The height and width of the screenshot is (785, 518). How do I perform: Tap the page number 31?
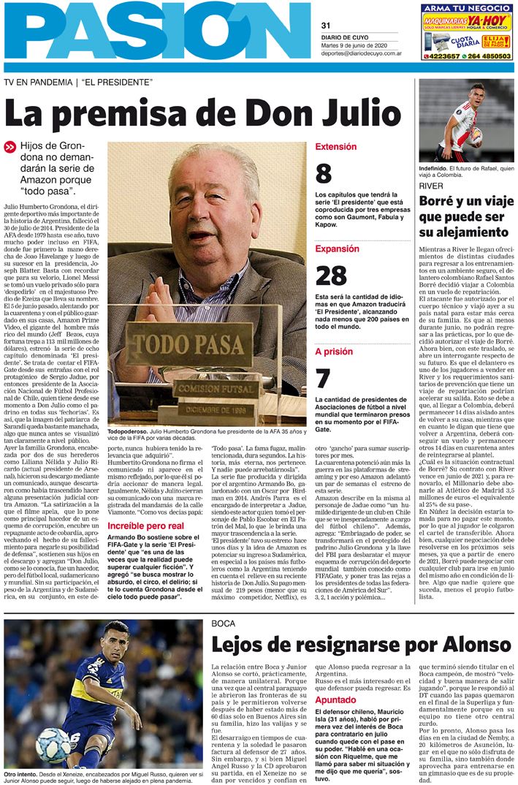[326, 25]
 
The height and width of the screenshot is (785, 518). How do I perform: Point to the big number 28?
[330, 276]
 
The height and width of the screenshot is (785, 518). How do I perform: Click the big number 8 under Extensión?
[323, 174]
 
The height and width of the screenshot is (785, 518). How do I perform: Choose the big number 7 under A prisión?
[322, 379]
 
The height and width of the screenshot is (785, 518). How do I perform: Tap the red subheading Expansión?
[337, 249]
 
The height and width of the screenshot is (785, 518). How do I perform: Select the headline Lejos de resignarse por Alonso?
[362, 645]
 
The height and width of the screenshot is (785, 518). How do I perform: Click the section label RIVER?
[431, 186]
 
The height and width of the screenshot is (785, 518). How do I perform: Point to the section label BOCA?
[223, 623]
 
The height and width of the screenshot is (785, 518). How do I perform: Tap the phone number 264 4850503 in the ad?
[486, 55]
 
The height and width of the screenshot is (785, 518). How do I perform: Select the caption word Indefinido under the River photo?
[437, 168]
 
